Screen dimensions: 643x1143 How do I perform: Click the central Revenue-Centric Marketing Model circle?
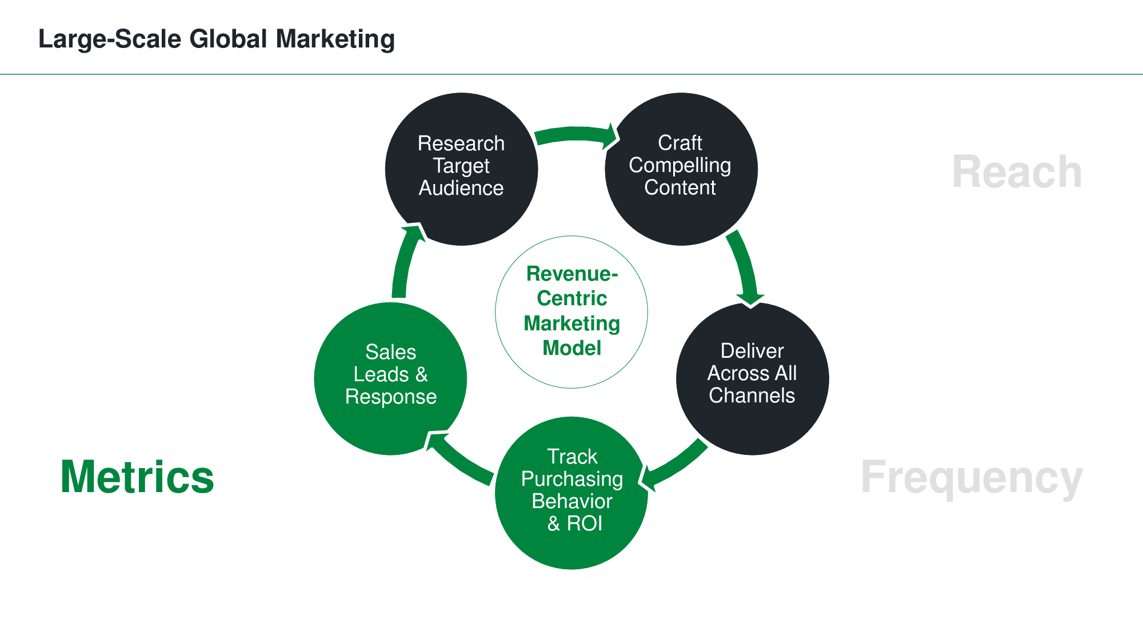click(x=571, y=312)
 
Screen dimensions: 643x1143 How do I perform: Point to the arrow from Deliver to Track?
click(x=674, y=466)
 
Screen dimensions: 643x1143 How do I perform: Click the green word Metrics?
click(x=137, y=477)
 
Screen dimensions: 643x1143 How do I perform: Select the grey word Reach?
click(x=1017, y=171)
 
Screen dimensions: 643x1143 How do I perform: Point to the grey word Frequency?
click(x=971, y=478)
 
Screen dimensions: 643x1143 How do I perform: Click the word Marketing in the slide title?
click(x=335, y=39)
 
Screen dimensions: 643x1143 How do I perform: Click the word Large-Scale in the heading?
click(x=110, y=39)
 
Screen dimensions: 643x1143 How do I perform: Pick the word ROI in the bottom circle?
click(x=585, y=524)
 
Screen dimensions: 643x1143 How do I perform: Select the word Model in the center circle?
click(x=571, y=348)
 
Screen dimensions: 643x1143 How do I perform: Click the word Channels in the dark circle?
click(x=752, y=396)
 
